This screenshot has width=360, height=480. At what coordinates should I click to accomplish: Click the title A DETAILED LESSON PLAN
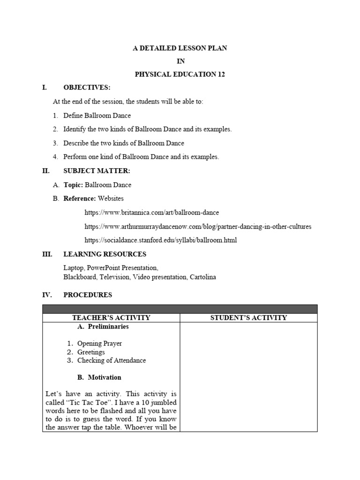[x=180, y=48]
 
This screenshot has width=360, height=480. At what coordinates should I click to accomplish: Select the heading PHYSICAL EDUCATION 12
[x=180, y=74]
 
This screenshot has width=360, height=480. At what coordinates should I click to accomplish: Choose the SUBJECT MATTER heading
[x=97, y=171]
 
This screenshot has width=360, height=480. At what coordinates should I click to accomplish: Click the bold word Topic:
[x=74, y=185]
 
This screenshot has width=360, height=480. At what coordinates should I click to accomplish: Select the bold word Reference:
[x=80, y=198]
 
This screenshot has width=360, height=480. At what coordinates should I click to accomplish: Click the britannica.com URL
[x=151, y=212]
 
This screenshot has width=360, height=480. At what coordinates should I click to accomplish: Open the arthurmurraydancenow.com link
[x=198, y=226]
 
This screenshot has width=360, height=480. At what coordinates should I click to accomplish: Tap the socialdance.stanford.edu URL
[x=161, y=240]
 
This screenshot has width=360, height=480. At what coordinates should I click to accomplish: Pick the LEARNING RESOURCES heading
[x=105, y=254]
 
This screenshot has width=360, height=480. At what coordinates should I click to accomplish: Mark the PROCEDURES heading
[x=88, y=295]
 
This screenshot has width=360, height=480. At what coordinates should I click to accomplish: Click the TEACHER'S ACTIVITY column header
[x=111, y=318]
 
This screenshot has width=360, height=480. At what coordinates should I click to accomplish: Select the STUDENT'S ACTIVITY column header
[x=248, y=318]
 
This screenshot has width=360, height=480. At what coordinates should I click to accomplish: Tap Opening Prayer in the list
[x=99, y=344]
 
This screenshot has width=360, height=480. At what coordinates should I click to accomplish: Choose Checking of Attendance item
[x=112, y=360]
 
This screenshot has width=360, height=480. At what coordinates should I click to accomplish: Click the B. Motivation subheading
[x=99, y=377]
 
